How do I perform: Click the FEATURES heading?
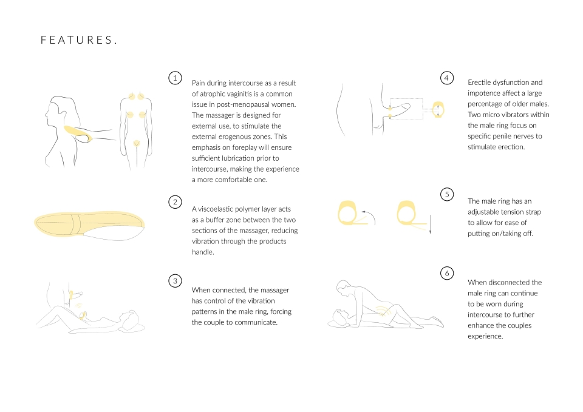click(79, 40)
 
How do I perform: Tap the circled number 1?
click(175, 78)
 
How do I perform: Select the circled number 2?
click(175, 202)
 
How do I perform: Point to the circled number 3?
click(175, 281)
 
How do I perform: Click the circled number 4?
click(447, 78)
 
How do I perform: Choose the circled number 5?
click(447, 194)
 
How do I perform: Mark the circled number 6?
click(447, 274)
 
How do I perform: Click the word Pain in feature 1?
click(198, 83)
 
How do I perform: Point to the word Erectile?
click(479, 83)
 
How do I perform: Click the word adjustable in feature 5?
click(485, 212)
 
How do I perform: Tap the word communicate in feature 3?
click(256, 322)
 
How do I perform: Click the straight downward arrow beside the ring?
click(430, 224)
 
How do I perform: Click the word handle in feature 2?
click(203, 252)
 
